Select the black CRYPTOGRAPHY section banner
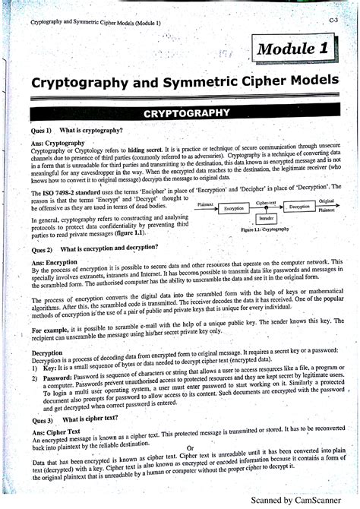(186, 112)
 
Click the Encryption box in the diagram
(234, 207)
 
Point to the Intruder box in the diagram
(266, 218)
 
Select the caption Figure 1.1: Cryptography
(264, 229)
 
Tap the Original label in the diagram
(327, 201)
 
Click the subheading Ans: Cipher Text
(58, 432)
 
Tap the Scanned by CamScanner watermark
(301, 501)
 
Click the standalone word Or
(190, 448)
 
